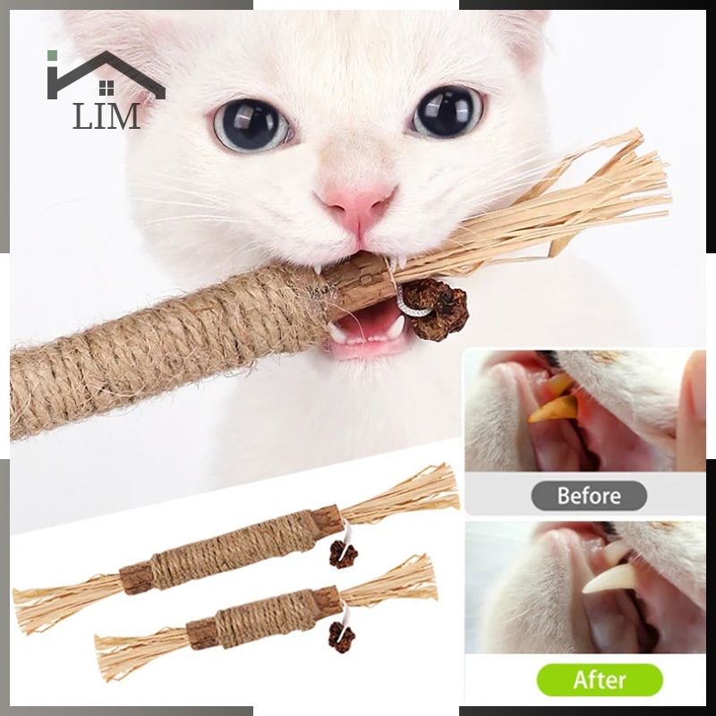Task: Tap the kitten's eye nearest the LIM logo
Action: [x=251, y=124]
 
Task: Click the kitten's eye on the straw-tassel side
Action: [x=448, y=111]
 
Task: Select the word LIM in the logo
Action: [x=107, y=116]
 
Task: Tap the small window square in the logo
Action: [x=107, y=88]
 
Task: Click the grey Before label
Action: [x=589, y=496]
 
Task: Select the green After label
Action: [x=600, y=680]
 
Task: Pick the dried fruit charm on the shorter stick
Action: [x=341, y=637]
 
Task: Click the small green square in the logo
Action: [x=52, y=55]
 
